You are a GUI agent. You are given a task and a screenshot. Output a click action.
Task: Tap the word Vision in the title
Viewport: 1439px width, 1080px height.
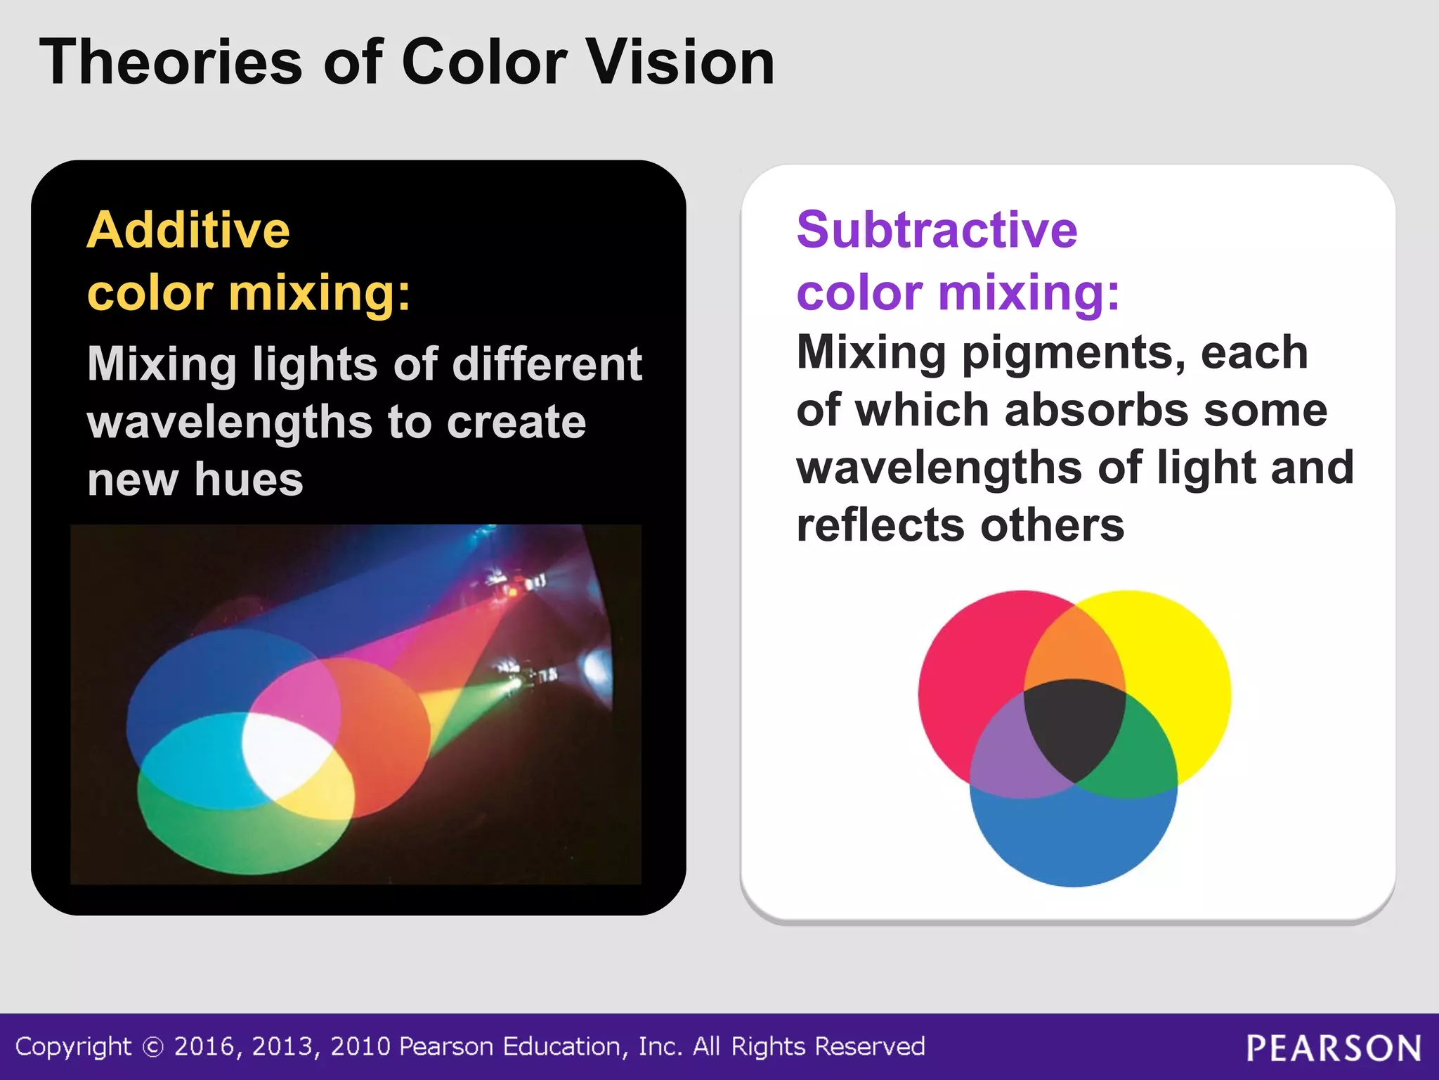coord(679,63)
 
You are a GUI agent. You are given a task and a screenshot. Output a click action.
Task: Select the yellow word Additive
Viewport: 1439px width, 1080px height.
coord(188,231)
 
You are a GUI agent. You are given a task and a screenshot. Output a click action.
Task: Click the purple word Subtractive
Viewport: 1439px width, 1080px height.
coord(937,231)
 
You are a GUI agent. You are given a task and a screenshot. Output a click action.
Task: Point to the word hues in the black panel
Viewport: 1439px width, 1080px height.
coord(249,480)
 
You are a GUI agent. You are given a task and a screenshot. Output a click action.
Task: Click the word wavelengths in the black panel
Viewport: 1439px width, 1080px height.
coord(229,423)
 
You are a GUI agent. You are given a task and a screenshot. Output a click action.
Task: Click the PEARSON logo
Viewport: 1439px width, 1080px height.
coord(1334,1048)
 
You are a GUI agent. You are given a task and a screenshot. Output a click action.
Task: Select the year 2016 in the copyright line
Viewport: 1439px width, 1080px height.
coord(203,1047)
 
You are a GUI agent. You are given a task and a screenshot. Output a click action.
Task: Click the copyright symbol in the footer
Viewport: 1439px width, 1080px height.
coord(152,1048)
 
